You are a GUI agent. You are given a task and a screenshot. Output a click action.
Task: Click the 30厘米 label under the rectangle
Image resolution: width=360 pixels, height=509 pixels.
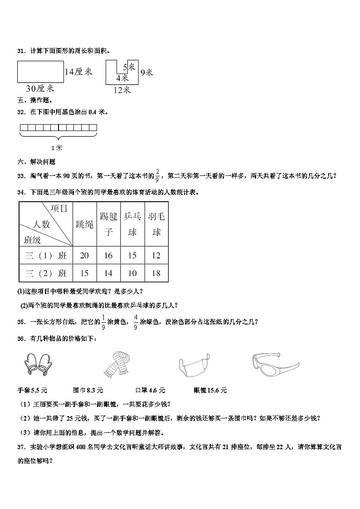[40, 88]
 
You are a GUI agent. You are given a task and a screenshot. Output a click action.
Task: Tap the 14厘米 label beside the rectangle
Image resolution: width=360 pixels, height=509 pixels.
[78, 72]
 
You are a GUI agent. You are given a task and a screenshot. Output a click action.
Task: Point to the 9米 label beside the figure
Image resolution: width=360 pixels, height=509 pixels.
[146, 72]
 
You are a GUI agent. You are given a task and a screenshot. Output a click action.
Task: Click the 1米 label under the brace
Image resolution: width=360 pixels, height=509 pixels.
[57, 148]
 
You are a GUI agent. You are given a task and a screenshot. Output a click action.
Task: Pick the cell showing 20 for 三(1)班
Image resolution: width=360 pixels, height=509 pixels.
[84, 256]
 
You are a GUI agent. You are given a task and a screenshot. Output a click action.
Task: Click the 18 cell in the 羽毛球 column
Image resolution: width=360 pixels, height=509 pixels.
[156, 273]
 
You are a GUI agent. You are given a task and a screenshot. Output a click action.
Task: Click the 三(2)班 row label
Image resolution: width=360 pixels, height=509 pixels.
[46, 273]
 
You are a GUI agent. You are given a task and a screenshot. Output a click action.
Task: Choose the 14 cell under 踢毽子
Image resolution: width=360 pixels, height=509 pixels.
[108, 273]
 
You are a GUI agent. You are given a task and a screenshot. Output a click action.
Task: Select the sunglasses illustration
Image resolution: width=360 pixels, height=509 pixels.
[274, 363]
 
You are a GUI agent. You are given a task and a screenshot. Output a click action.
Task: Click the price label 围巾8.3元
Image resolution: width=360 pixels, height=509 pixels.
[88, 390]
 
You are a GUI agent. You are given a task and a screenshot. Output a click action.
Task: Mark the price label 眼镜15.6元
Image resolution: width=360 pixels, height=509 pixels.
[210, 390]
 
